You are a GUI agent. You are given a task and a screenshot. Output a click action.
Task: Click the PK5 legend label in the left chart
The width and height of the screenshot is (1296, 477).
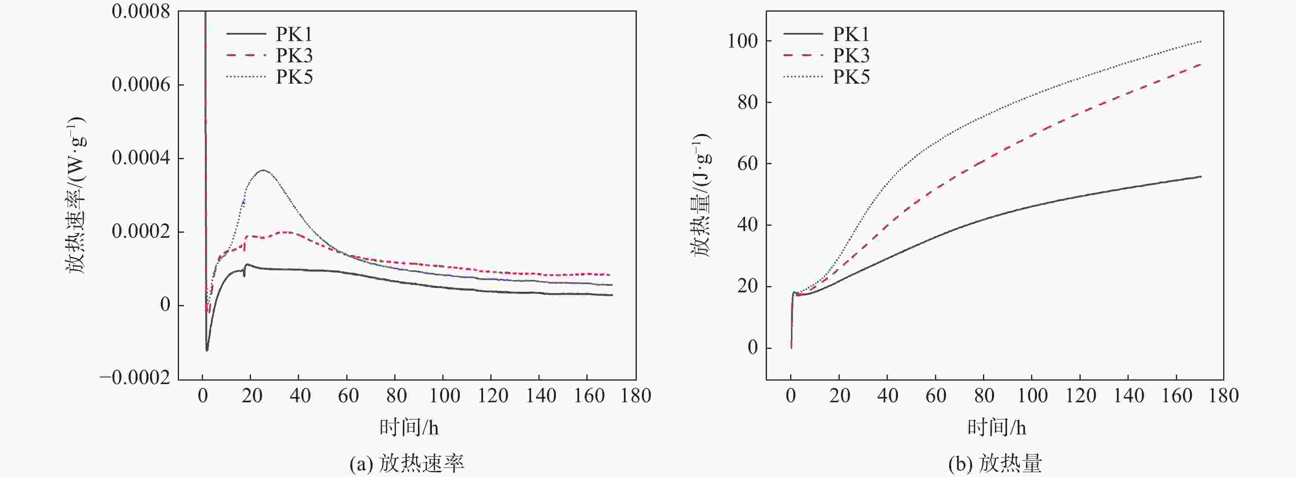click(294, 77)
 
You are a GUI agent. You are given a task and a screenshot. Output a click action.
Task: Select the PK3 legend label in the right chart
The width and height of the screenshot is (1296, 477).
click(851, 55)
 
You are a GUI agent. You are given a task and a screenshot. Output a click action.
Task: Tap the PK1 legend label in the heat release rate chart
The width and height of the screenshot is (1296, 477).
click(294, 34)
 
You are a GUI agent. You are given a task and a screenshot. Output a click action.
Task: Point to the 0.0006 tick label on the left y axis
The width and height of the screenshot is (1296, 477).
click(141, 84)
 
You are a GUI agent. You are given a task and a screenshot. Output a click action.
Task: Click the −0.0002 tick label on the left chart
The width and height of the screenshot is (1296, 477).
click(135, 378)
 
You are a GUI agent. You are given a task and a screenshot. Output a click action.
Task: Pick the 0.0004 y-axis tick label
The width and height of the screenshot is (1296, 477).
click(141, 158)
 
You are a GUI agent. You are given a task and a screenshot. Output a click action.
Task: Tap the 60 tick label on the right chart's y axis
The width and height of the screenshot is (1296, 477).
click(748, 163)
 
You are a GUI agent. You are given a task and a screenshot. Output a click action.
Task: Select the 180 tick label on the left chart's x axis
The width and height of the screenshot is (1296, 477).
click(636, 396)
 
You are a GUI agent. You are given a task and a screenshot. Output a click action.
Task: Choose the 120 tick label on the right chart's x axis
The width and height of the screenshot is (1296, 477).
click(1081, 396)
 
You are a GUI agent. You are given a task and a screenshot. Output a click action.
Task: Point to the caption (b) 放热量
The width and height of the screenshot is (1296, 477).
click(995, 463)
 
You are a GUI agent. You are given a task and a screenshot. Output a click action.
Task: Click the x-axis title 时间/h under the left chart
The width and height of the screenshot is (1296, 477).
click(409, 428)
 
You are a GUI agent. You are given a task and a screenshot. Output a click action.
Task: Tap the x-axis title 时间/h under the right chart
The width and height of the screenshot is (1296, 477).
click(996, 428)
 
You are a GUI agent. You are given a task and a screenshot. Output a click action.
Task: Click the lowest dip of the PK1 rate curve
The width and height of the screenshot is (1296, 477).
click(207, 350)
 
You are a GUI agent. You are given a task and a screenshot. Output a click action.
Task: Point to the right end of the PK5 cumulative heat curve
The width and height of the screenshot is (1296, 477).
click(1201, 41)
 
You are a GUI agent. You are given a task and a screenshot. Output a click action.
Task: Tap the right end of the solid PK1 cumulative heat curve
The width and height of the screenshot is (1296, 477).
click(1201, 177)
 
